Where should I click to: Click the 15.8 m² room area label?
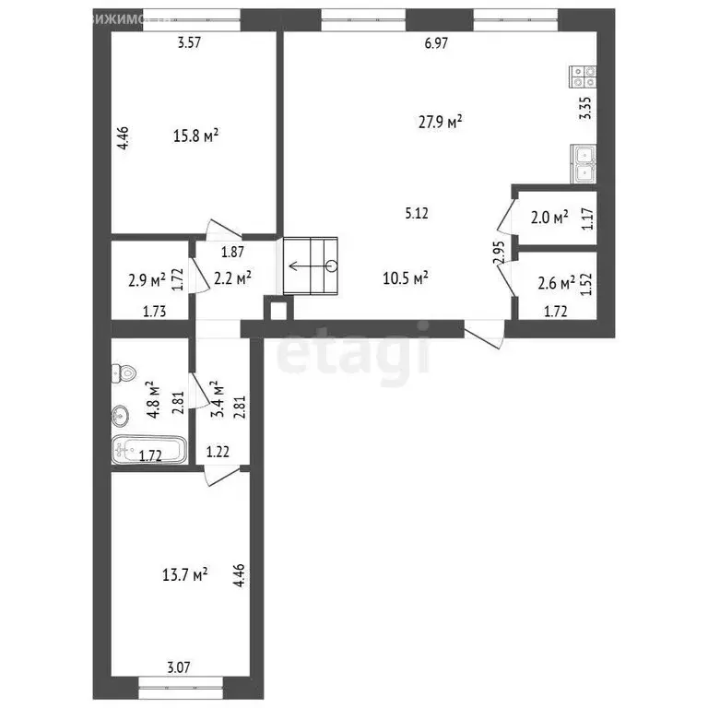(x=195, y=136)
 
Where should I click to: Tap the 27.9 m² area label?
(x=439, y=121)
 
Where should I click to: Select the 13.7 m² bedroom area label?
(x=183, y=574)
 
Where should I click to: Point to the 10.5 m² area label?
(x=406, y=277)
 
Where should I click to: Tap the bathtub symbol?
(x=147, y=451)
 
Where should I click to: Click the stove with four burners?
(x=584, y=75)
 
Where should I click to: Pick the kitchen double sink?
(x=584, y=163)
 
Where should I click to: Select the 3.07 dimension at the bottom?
(x=178, y=667)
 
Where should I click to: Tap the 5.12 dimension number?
(x=417, y=214)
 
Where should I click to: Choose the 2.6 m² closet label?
(x=557, y=282)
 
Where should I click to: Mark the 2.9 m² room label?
(x=147, y=277)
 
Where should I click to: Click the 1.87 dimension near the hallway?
(x=232, y=252)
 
